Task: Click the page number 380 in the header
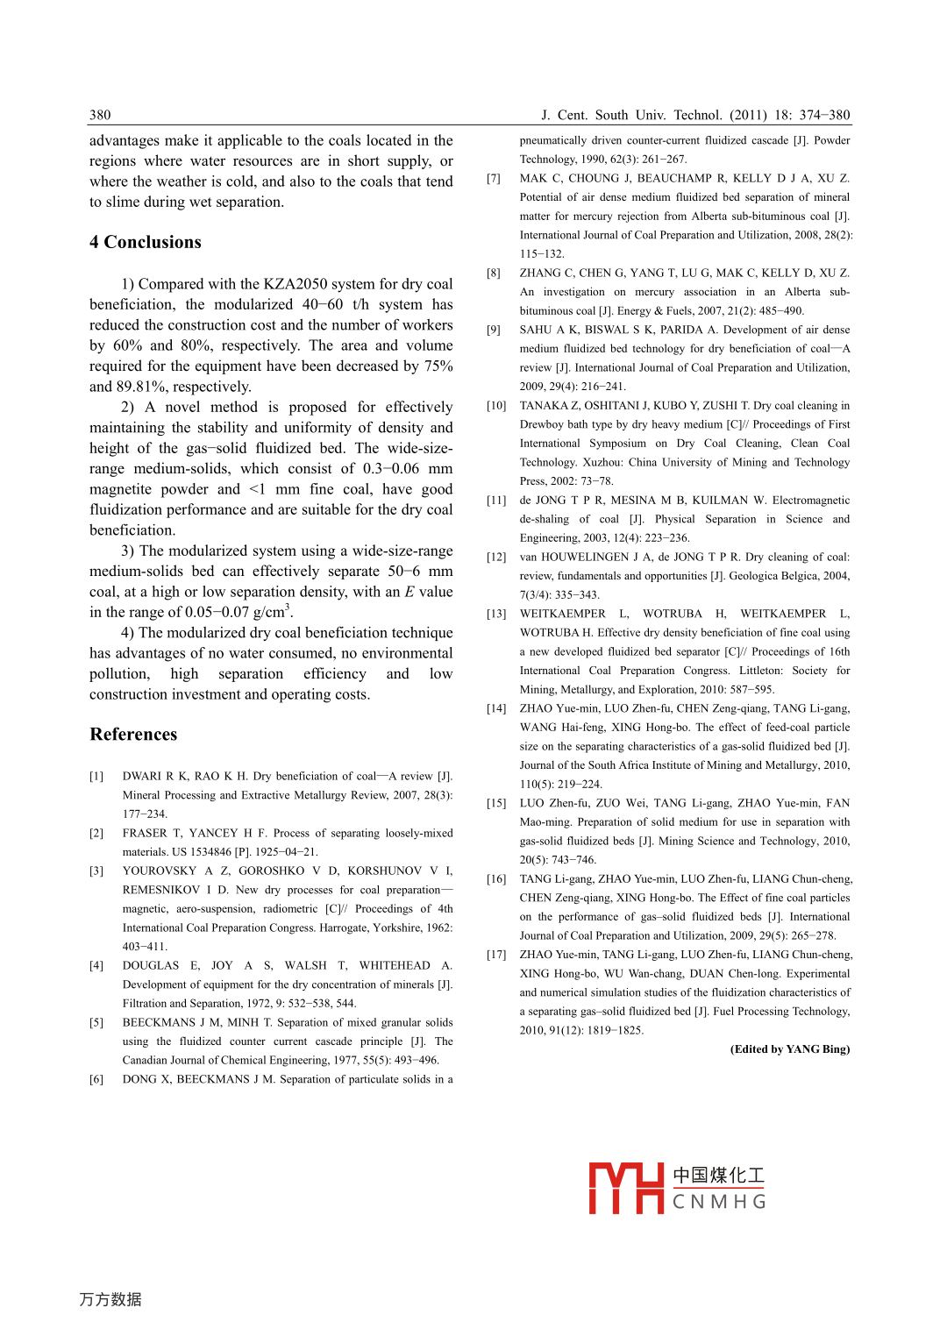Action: [x=100, y=115]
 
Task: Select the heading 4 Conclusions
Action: [x=146, y=242]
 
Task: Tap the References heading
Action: [x=133, y=735]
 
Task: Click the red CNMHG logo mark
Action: [x=625, y=1189]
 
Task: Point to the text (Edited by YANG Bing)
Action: [x=789, y=1049]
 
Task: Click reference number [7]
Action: [x=494, y=179]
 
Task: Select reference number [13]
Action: [x=496, y=614]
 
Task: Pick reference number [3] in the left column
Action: [x=96, y=871]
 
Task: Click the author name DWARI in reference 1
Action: [x=142, y=777]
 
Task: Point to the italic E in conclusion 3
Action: [x=409, y=592]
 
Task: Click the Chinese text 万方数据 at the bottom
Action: [x=110, y=1299]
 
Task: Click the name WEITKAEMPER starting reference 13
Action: [x=562, y=614]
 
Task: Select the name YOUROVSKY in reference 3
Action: [x=160, y=871]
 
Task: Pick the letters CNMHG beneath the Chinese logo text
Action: [x=719, y=1202]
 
